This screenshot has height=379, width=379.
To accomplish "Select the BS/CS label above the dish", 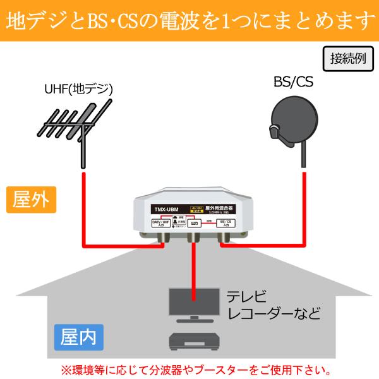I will pos(293,82).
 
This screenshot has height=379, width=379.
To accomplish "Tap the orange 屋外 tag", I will pos(30,200).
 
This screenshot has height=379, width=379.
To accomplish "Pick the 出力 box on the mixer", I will pos(194,223).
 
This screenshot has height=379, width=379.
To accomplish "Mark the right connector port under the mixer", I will pos(223,239).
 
